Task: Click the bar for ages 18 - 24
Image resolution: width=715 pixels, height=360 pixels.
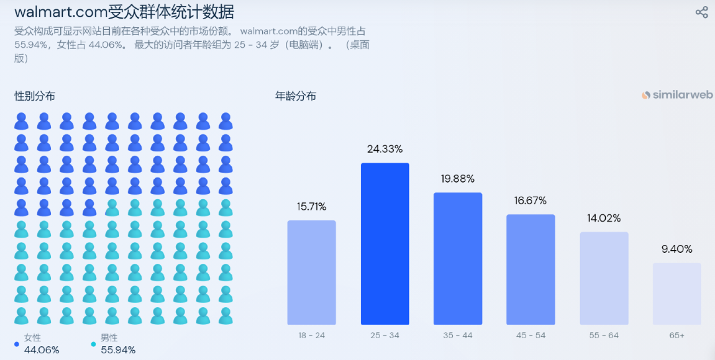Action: pyautogui.click(x=311, y=273)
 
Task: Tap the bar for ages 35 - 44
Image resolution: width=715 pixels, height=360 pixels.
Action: pyautogui.click(x=457, y=259)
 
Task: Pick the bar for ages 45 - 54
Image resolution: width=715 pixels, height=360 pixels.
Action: pyautogui.click(x=530, y=269)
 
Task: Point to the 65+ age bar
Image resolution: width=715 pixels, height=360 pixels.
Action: pyautogui.click(x=677, y=294)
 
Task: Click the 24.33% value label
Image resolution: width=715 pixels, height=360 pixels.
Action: pyautogui.click(x=385, y=149)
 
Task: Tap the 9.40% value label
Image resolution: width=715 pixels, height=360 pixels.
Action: pyautogui.click(x=677, y=249)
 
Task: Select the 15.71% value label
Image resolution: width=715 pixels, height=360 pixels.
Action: pyautogui.click(x=311, y=206)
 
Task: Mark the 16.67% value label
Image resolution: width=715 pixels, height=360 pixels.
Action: pyautogui.click(x=530, y=201)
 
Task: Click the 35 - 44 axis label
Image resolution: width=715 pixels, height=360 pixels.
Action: pyautogui.click(x=457, y=336)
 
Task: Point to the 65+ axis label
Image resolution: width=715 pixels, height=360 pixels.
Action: pyautogui.click(x=677, y=336)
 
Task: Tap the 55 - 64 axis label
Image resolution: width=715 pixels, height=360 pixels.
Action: pyautogui.click(x=604, y=336)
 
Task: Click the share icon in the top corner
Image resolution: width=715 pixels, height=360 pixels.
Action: pyautogui.click(x=702, y=12)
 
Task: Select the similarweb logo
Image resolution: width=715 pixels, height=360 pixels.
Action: pyautogui.click(x=677, y=95)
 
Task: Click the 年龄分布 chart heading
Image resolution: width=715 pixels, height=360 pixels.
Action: pyautogui.click(x=296, y=96)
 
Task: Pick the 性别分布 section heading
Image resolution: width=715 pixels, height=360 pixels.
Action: pyautogui.click(x=35, y=96)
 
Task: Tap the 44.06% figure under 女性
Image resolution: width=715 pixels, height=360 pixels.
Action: pyautogui.click(x=42, y=349)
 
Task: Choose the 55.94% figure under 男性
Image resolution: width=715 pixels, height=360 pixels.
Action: pyautogui.click(x=118, y=349)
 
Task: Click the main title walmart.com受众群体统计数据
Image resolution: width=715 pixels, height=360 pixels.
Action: pyautogui.click(x=124, y=12)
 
